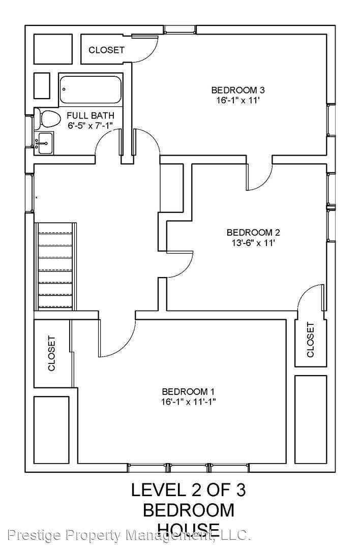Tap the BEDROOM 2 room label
click(253, 233)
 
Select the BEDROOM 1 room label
click(188, 391)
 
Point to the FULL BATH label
click(91, 115)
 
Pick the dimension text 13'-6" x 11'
click(253, 243)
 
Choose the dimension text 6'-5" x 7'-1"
click(91, 125)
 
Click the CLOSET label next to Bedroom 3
click(106, 50)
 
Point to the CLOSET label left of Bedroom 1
click(51, 353)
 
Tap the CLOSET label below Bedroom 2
click(311, 340)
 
